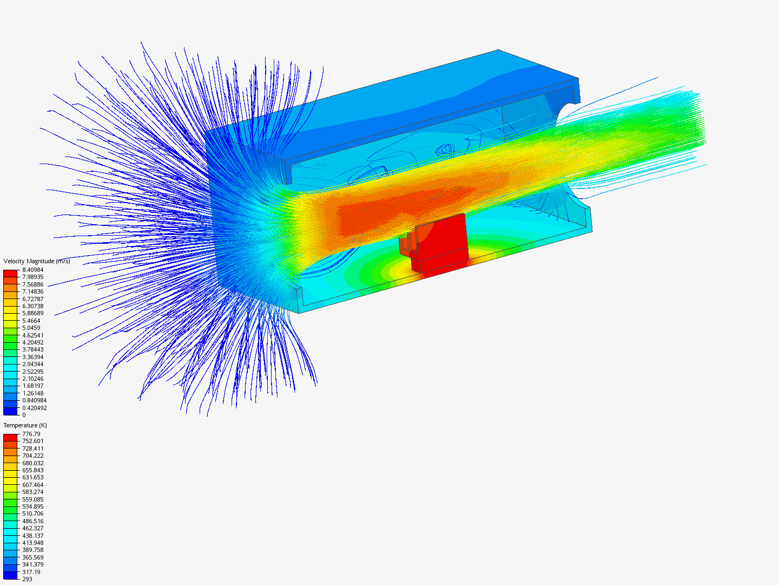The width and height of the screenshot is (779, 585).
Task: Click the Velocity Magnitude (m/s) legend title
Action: click(x=37, y=261)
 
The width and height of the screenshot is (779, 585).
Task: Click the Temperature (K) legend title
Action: click(x=25, y=425)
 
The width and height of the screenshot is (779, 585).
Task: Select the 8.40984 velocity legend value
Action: click(x=32, y=270)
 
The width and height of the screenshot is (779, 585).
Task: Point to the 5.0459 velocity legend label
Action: click(x=31, y=328)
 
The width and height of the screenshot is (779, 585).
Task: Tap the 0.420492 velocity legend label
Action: click(x=35, y=408)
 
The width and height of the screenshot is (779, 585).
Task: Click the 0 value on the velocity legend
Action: click(x=24, y=415)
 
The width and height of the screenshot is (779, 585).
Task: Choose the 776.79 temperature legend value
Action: click(x=31, y=434)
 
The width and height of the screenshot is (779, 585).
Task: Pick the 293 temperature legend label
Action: click(x=28, y=579)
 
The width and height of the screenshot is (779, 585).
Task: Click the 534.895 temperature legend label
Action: click(x=32, y=506)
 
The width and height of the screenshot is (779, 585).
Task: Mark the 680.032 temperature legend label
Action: click(x=32, y=463)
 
